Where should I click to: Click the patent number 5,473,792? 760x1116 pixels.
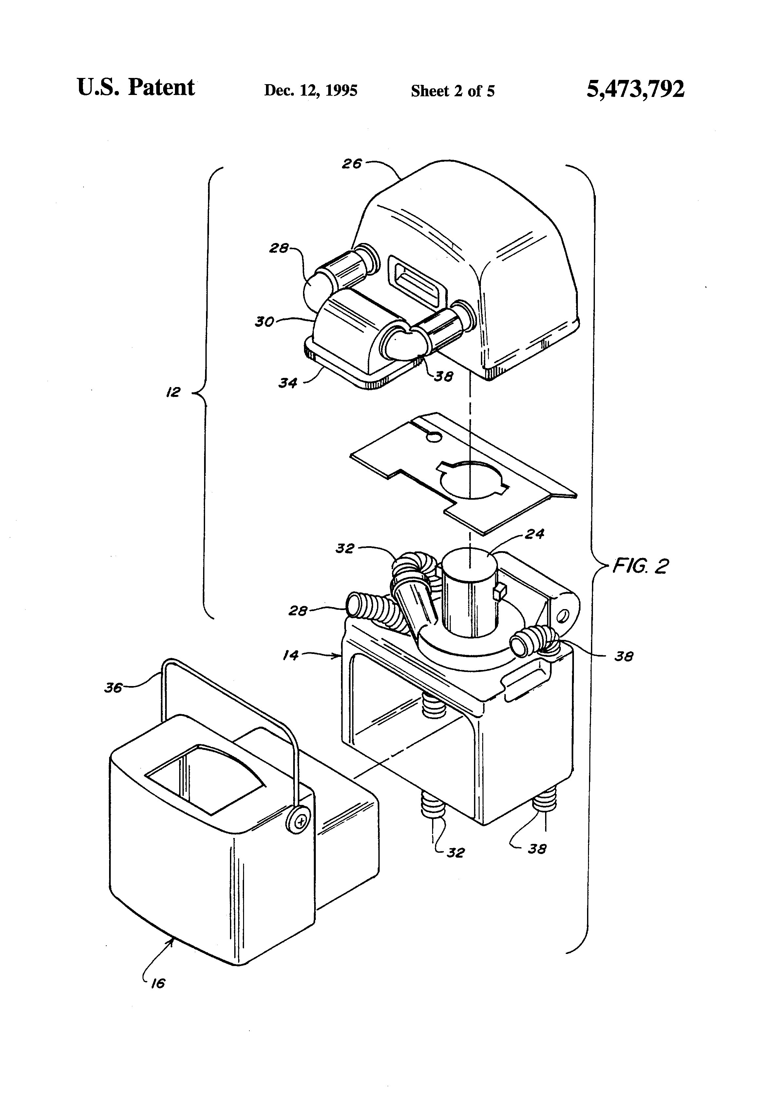click(x=635, y=89)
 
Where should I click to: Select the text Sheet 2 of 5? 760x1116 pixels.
click(x=452, y=91)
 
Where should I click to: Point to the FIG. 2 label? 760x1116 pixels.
click(x=640, y=566)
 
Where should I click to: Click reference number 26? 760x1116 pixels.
click(x=351, y=164)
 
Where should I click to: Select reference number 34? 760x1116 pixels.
click(x=288, y=383)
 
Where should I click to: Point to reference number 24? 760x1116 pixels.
click(x=535, y=534)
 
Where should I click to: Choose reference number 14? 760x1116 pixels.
click(x=290, y=655)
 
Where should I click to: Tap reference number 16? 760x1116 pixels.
click(x=158, y=984)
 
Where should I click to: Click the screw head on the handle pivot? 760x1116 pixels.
click(x=300, y=823)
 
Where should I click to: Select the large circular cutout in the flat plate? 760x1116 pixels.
click(x=473, y=478)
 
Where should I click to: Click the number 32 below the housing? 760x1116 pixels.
click(x=455, y=852)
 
